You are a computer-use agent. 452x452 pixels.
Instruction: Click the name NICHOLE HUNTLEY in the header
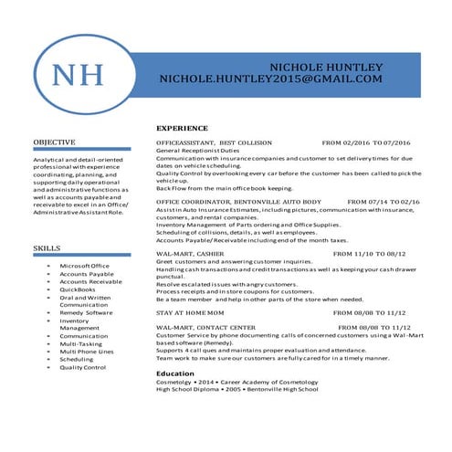coord(326,68)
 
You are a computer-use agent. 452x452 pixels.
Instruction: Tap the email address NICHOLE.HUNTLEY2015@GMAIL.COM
coord(270,80)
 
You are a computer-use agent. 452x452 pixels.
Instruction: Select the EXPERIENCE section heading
coord(182,128)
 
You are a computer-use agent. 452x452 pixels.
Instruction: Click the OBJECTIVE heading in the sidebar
coord(54,143)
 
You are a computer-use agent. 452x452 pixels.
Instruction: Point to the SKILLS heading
coord(47,248)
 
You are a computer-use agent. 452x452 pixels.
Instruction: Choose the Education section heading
coord(175,373)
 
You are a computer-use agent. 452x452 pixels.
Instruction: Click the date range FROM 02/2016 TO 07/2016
coord(366,143)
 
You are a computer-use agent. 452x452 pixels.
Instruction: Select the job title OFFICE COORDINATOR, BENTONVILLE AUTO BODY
coord(239,201)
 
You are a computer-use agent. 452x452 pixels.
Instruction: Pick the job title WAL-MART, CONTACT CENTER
coord(205,327)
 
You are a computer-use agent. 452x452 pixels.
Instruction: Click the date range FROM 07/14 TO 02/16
coord(384,201)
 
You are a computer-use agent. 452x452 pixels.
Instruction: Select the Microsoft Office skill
coord(84,266)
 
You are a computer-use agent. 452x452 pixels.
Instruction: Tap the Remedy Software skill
coord(86,312)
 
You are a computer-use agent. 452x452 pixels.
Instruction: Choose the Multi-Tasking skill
coord(80,343)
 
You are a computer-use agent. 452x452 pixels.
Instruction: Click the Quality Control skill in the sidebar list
coord(83,367)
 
